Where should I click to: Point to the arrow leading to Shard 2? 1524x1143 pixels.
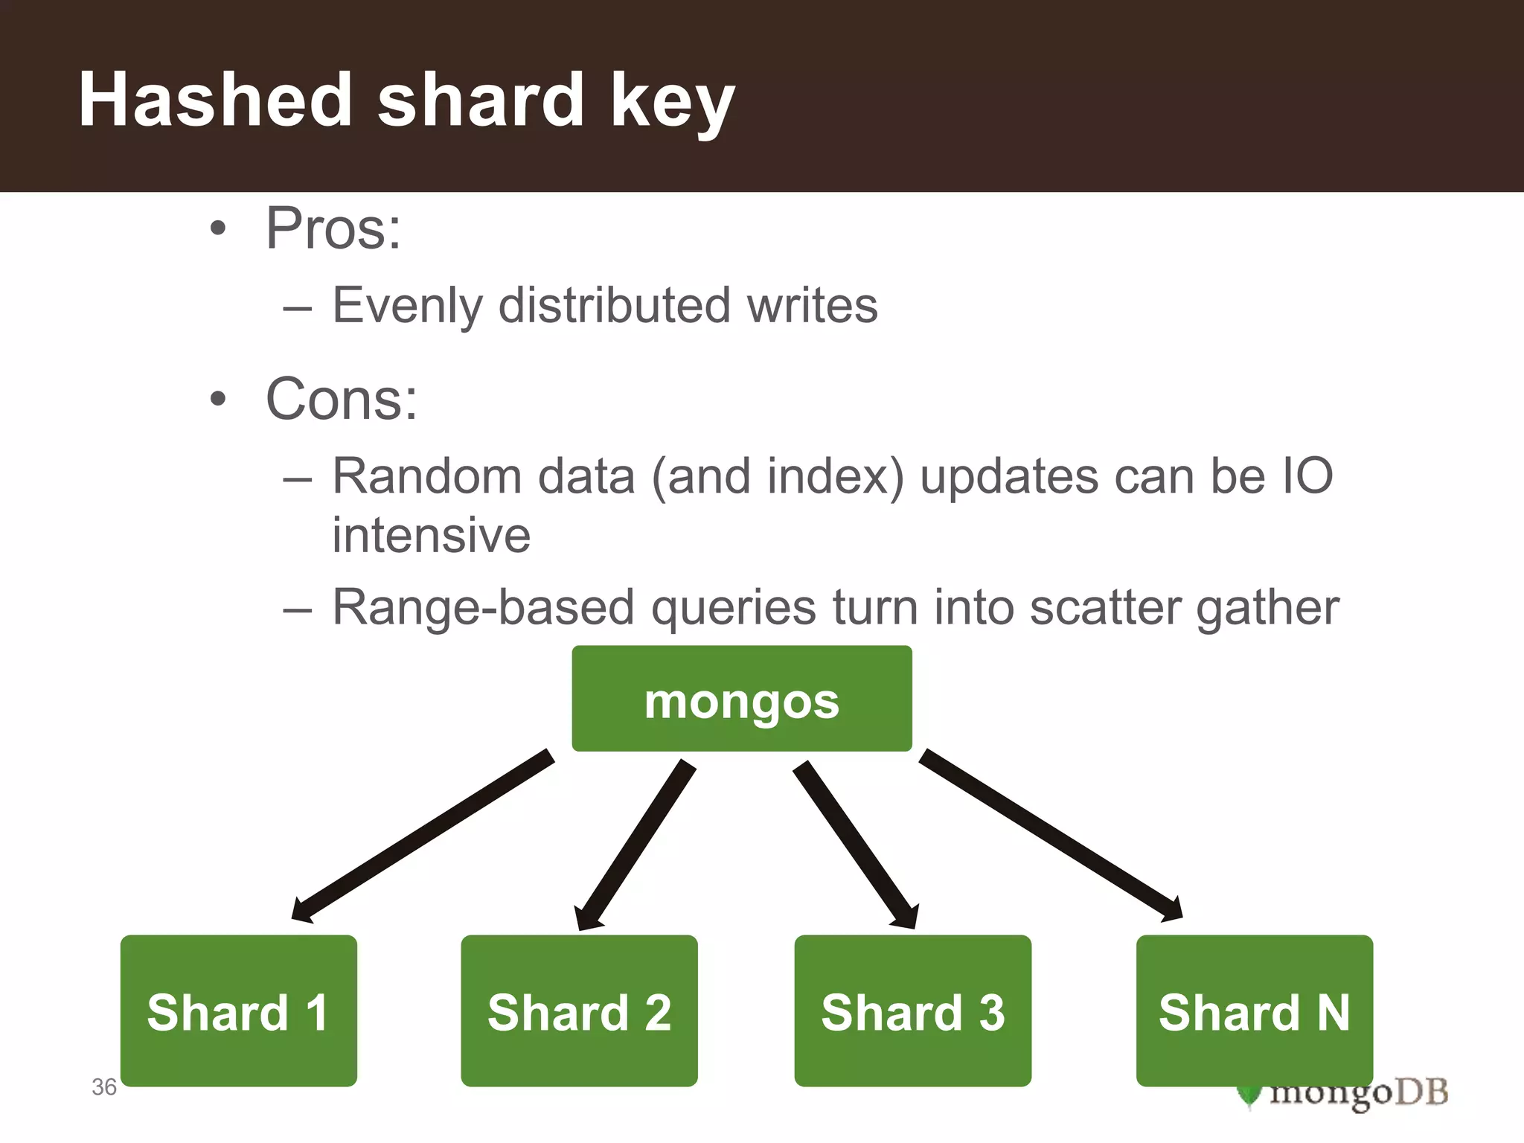pyautogui.click(x=636, y=845)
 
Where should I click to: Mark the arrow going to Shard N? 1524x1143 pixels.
pyautogui.click(x=1049, y=833)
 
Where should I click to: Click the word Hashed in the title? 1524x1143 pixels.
pyautogui.click(x=215, y=100)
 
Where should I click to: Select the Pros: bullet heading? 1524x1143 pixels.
pyautogui.click(x=333, y=228)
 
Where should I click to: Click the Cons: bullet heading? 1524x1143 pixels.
pyautogui.click(x=341, y=400)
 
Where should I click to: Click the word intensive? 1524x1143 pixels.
pyautogui.click(x=431, y=535)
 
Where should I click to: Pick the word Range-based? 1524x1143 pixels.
pyautogui.click(x=483, y=608)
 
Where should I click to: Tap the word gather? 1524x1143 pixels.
pyautogui.click(x=1267, y=608)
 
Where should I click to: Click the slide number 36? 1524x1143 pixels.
pyautogui.click(x=104, y=1087)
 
